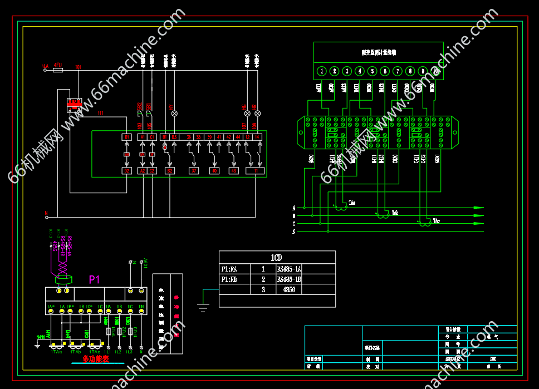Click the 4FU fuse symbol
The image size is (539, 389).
tap(58, 70)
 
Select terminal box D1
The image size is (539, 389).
tap(126, 137)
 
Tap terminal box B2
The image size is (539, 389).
tap(126, 170)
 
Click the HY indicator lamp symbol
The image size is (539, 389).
tap(174, 114)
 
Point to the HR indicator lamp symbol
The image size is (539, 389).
tap(256, 114)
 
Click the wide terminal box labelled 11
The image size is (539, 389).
tap(255, 170)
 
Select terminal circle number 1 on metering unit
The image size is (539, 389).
tap(322, 71)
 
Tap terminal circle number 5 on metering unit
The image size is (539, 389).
tap(372, 71)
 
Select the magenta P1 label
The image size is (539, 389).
tap(94, 279)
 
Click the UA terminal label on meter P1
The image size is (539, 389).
tap(109, 307)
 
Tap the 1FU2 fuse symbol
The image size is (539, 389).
tap(119, 331)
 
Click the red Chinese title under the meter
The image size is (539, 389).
tap(96, 359)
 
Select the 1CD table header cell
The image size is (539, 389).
tap(277, 258)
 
